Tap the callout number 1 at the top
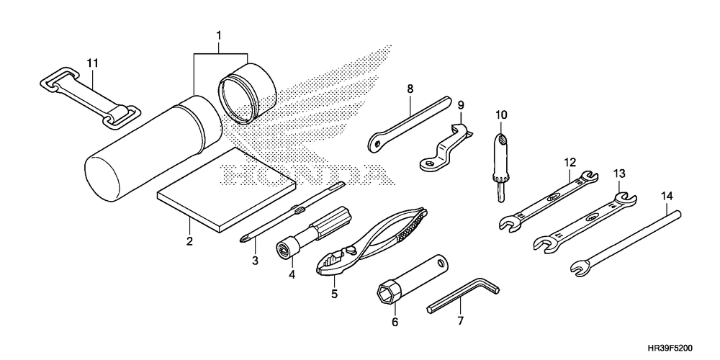pos(219,35)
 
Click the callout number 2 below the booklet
pos(189,241)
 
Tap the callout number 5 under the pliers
pos(334,294)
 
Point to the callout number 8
pos(410,89)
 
